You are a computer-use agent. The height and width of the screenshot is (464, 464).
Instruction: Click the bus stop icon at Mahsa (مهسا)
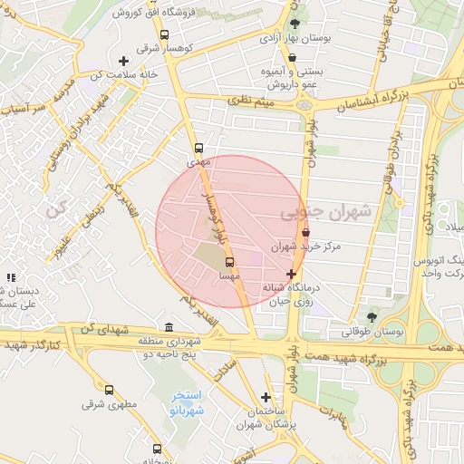227,264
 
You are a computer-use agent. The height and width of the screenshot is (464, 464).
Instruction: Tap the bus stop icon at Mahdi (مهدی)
198,148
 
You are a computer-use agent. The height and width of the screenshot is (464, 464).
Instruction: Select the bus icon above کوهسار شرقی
164,35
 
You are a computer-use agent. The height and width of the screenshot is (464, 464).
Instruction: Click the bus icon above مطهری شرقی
110,391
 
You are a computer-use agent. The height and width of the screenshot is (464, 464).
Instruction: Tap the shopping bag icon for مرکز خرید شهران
304,233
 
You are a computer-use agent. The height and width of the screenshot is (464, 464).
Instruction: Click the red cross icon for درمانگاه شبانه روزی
291,273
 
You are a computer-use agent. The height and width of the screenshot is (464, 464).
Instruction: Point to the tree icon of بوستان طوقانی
372,317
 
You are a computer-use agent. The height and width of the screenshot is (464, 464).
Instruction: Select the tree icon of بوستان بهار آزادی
295,24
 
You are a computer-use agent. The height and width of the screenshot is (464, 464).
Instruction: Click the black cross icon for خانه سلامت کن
123,62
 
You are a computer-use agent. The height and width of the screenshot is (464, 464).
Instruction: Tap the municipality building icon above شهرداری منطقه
169,327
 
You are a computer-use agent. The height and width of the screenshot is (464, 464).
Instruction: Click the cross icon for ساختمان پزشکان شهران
266,397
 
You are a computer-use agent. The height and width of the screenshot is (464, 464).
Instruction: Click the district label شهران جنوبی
325,212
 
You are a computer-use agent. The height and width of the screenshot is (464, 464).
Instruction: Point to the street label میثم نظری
253,102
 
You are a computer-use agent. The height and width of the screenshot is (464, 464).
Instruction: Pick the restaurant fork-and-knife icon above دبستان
10,278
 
